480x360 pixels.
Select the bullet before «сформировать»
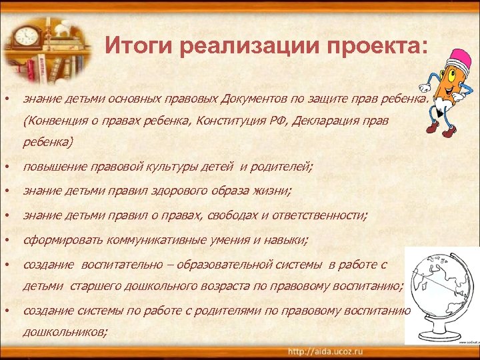click(x=6, y=239)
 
